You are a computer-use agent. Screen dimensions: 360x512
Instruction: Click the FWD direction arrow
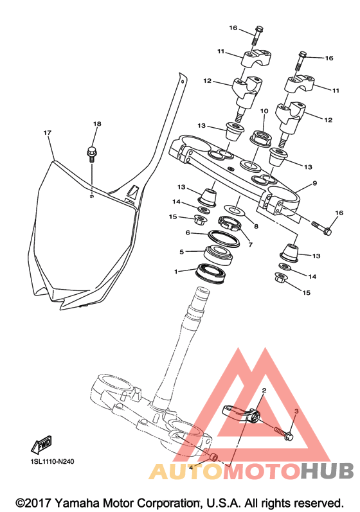[x=42, y=445]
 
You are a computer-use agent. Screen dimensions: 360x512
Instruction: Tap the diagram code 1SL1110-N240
[x=53, y=462]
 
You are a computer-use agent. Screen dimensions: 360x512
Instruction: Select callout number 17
[x=48, y=133]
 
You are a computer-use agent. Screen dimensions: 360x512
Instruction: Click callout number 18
[x=97, y=124]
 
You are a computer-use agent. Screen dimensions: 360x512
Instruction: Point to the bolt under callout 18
[x=91, y=154]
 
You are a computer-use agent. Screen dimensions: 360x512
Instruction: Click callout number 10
[x=264, y=111]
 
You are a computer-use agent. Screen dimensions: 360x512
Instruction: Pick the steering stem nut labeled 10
[x=261, y=139]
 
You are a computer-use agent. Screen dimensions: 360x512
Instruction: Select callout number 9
[x=314, y=183]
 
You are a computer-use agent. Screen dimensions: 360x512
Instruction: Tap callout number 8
[x=256, y=226]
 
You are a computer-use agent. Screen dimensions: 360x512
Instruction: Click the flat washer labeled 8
[x=235, y=209]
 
